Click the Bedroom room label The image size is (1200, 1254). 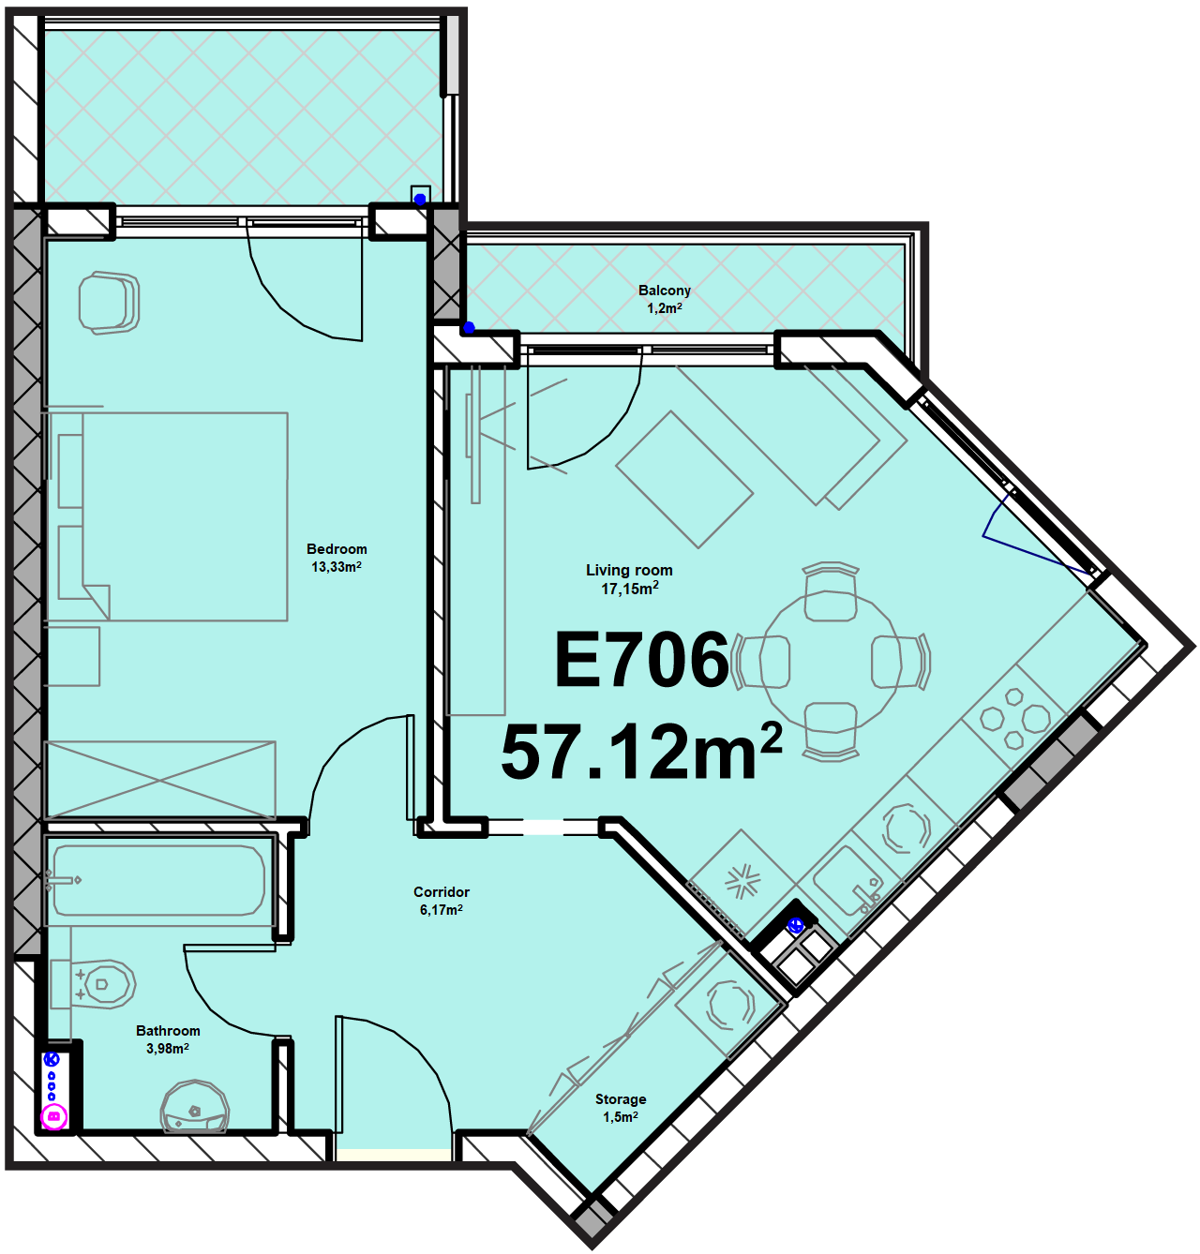(337, 549)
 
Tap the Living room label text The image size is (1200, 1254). (629, 570)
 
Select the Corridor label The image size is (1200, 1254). (442, 892)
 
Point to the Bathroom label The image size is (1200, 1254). (168, 1030)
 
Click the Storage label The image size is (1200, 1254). (621, 1098)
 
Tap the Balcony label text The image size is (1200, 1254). (665, 291)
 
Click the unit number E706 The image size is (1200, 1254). (642, 659)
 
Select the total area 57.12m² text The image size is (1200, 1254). (641, 751)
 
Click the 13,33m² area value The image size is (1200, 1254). (337, 567)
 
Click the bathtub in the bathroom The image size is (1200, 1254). (158, 880)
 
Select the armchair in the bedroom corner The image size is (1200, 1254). (109, 302)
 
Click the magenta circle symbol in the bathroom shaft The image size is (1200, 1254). (53, 1117)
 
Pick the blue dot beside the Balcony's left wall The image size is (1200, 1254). (469, 327)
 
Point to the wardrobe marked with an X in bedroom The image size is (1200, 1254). (160, 781)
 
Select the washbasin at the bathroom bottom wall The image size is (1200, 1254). (195, 1107)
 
